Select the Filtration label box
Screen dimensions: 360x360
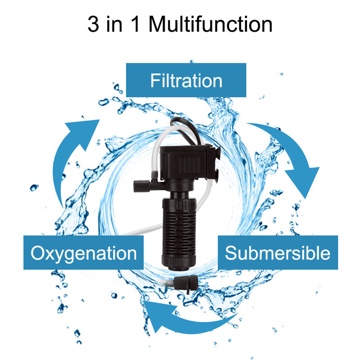point(186,80)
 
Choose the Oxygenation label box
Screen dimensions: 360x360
point(84,252)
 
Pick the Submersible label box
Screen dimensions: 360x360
point(278,252)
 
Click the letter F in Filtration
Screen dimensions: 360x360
point(155,81)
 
